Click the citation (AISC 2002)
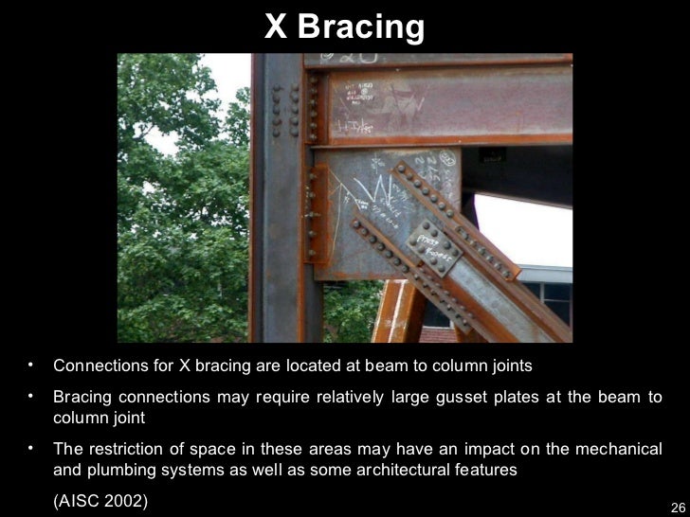pos(101,500)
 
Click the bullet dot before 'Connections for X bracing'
pos(31,364)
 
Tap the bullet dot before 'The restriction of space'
pos(31,446)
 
